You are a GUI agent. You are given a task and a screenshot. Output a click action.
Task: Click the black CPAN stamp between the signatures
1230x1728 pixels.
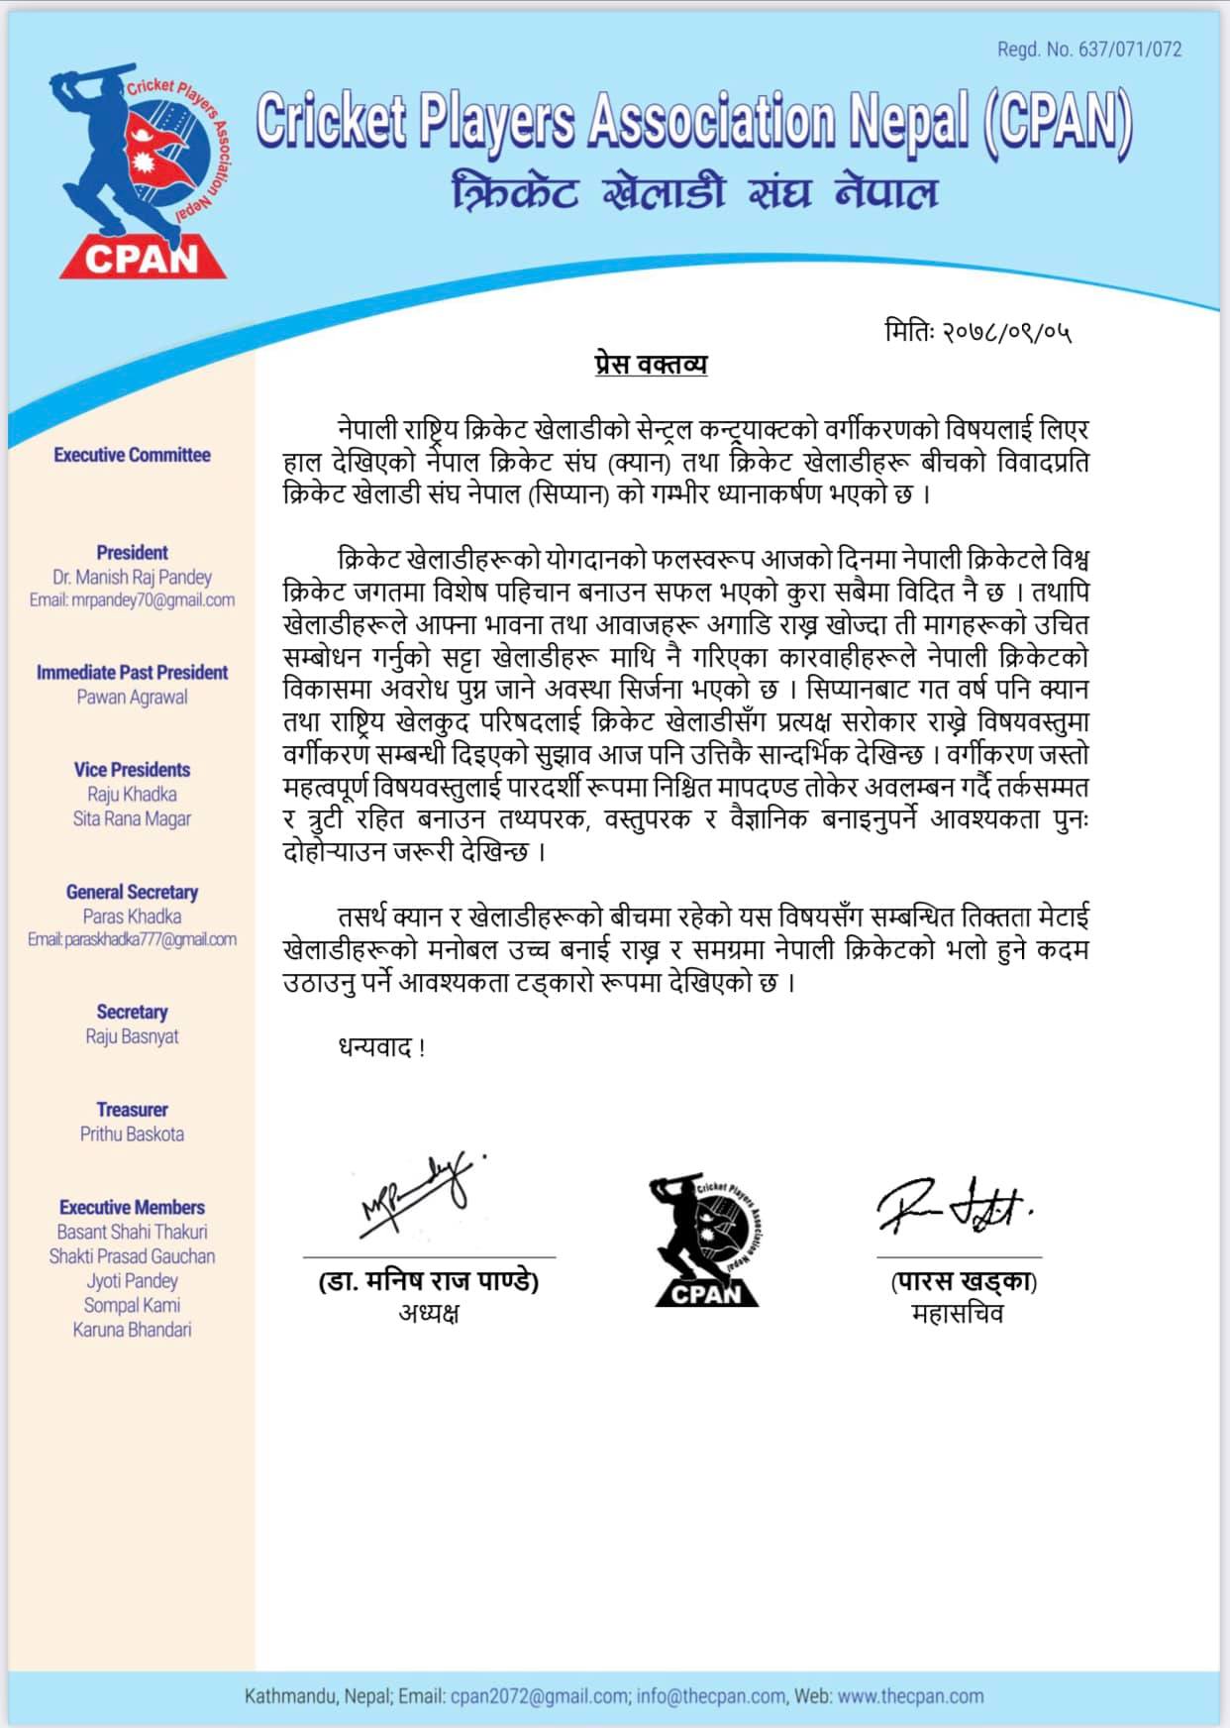[x=706, y=1241]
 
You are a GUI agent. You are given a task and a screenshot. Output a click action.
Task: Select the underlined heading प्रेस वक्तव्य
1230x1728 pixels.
[x=651, y=365]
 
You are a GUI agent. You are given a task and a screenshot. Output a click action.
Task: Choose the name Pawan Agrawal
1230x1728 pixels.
[x=132, y=698]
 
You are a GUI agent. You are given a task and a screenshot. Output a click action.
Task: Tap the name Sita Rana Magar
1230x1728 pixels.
[x=132, y=819]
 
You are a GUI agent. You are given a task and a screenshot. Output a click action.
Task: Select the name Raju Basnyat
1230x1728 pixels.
[x=132, y=1037]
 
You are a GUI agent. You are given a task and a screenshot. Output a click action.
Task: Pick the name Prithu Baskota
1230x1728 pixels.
[x=132, y=1134]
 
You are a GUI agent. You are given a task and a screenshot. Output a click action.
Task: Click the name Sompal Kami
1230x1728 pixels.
[x=132, y=1306]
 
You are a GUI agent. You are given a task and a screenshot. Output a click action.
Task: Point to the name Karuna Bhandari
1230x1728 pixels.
[x=132, y=1331]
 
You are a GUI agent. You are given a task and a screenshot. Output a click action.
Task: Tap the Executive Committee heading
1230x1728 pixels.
[x=132, y=456]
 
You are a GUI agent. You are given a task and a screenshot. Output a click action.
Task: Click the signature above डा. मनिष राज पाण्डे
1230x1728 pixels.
[x=421, y=1194]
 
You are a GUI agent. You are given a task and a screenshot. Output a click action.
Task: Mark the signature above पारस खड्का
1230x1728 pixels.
[x=953, y=1206]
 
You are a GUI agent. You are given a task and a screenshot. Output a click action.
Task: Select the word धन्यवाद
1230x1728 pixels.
[x=376, y=1047]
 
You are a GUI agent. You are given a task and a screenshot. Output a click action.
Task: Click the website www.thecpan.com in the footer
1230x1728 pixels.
[x=910, y=1696]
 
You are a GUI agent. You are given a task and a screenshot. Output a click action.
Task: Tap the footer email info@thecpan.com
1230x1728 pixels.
[x=710, y=1696]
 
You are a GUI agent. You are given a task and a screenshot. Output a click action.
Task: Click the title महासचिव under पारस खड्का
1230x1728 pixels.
[x=957, y=1314]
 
